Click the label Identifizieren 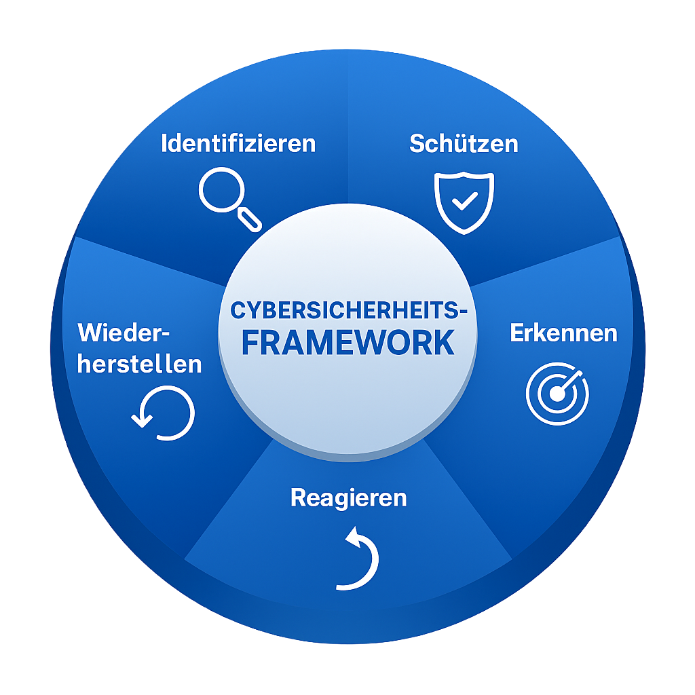[238, 144]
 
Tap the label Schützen [464, 144]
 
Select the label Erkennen [563, 333]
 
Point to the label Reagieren [348, 497]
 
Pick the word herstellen [140, 364]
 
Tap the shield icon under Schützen [464, 202]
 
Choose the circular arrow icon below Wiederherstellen [164, 413]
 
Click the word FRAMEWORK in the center [348, 343]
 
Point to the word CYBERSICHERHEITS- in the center [348, 311]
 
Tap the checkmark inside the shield [465, 200]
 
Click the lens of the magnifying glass [220, 189]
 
